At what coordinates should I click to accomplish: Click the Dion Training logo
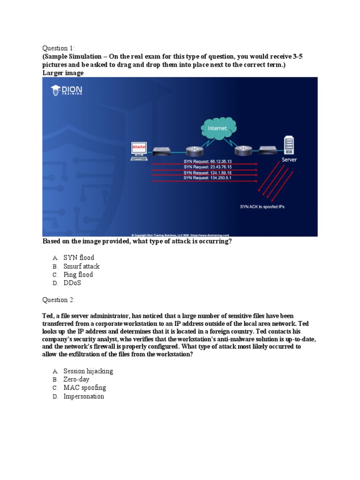67,90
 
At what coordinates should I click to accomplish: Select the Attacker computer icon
139,151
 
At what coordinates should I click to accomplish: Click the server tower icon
289,145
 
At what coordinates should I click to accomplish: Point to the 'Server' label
289,160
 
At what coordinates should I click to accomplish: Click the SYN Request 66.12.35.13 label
208,161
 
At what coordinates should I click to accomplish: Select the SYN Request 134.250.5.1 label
208,178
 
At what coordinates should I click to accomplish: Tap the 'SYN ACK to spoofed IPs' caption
262,206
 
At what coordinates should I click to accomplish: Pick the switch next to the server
267,150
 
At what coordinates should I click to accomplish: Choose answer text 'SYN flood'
79,257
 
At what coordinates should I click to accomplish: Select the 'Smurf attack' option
82,266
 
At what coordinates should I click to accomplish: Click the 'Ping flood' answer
78,275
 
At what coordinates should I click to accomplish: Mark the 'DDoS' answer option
72,283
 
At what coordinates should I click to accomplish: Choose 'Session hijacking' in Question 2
88,371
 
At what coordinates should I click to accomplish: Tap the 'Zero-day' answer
76,379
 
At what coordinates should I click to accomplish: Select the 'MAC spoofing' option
84,388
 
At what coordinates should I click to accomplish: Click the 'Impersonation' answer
84,397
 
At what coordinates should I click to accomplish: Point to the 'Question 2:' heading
59,300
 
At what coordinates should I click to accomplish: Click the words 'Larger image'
63,73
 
